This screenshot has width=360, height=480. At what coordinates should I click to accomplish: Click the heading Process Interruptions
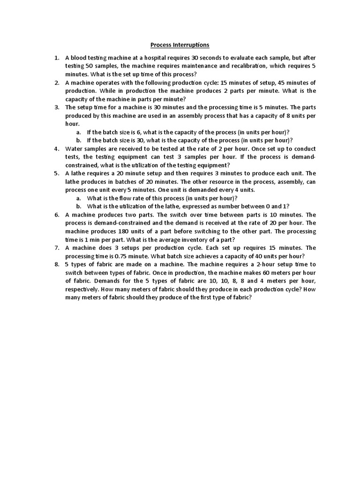pos(180,45)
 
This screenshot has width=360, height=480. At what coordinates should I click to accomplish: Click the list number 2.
pos(56,82)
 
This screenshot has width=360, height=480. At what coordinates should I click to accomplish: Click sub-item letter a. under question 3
pos(78,132)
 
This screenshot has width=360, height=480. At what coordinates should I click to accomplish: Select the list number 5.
pos(56,173)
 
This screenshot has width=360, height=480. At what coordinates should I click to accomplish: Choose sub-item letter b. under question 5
pos(78,206)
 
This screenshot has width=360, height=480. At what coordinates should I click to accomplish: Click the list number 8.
pos(56,264)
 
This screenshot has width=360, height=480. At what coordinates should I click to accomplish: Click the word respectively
pos(84,289)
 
